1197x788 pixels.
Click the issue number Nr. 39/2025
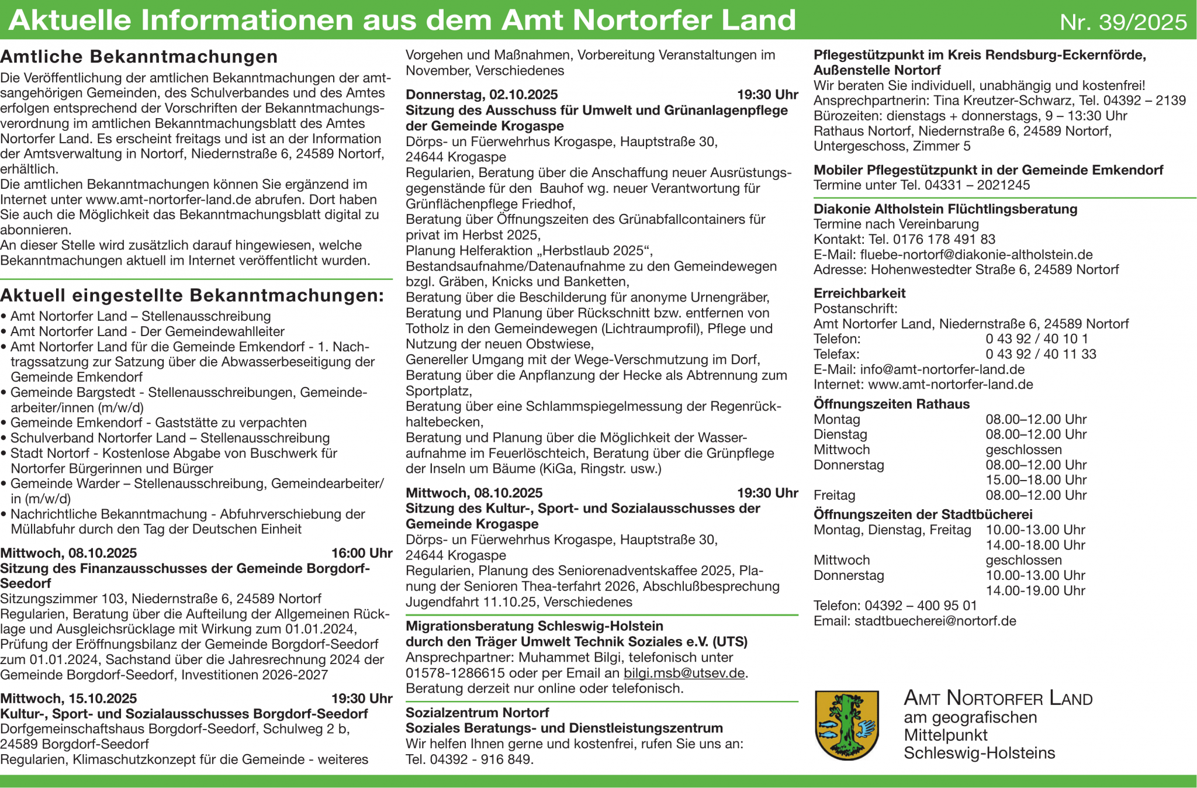coord(1123,22)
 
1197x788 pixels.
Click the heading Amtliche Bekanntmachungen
coord(139,57)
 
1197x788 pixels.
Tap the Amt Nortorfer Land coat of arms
coord(847,725)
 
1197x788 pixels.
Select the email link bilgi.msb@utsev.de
coord(684,673)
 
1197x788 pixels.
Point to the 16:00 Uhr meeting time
coord(362,553)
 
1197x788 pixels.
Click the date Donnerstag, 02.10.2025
coord(482,95)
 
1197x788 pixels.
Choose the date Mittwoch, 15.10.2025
coord(68,699)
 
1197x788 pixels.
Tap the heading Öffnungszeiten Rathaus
coord(891,404)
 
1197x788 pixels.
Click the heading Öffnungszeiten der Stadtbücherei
coord(923,514)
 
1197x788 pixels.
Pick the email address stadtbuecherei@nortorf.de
coord(935,621)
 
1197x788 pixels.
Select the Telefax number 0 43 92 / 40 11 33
coord(1040,354)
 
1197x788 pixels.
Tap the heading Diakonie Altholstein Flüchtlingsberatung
coord(945,209)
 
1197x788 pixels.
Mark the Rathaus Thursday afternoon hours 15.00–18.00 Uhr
coord(1036,480)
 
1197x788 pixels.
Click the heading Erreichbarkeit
coord(859,293)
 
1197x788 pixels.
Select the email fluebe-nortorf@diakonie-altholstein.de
coord(976,254)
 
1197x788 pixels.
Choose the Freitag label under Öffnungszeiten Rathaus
coord(834,495)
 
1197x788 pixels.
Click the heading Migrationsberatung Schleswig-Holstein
coord(534,626)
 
